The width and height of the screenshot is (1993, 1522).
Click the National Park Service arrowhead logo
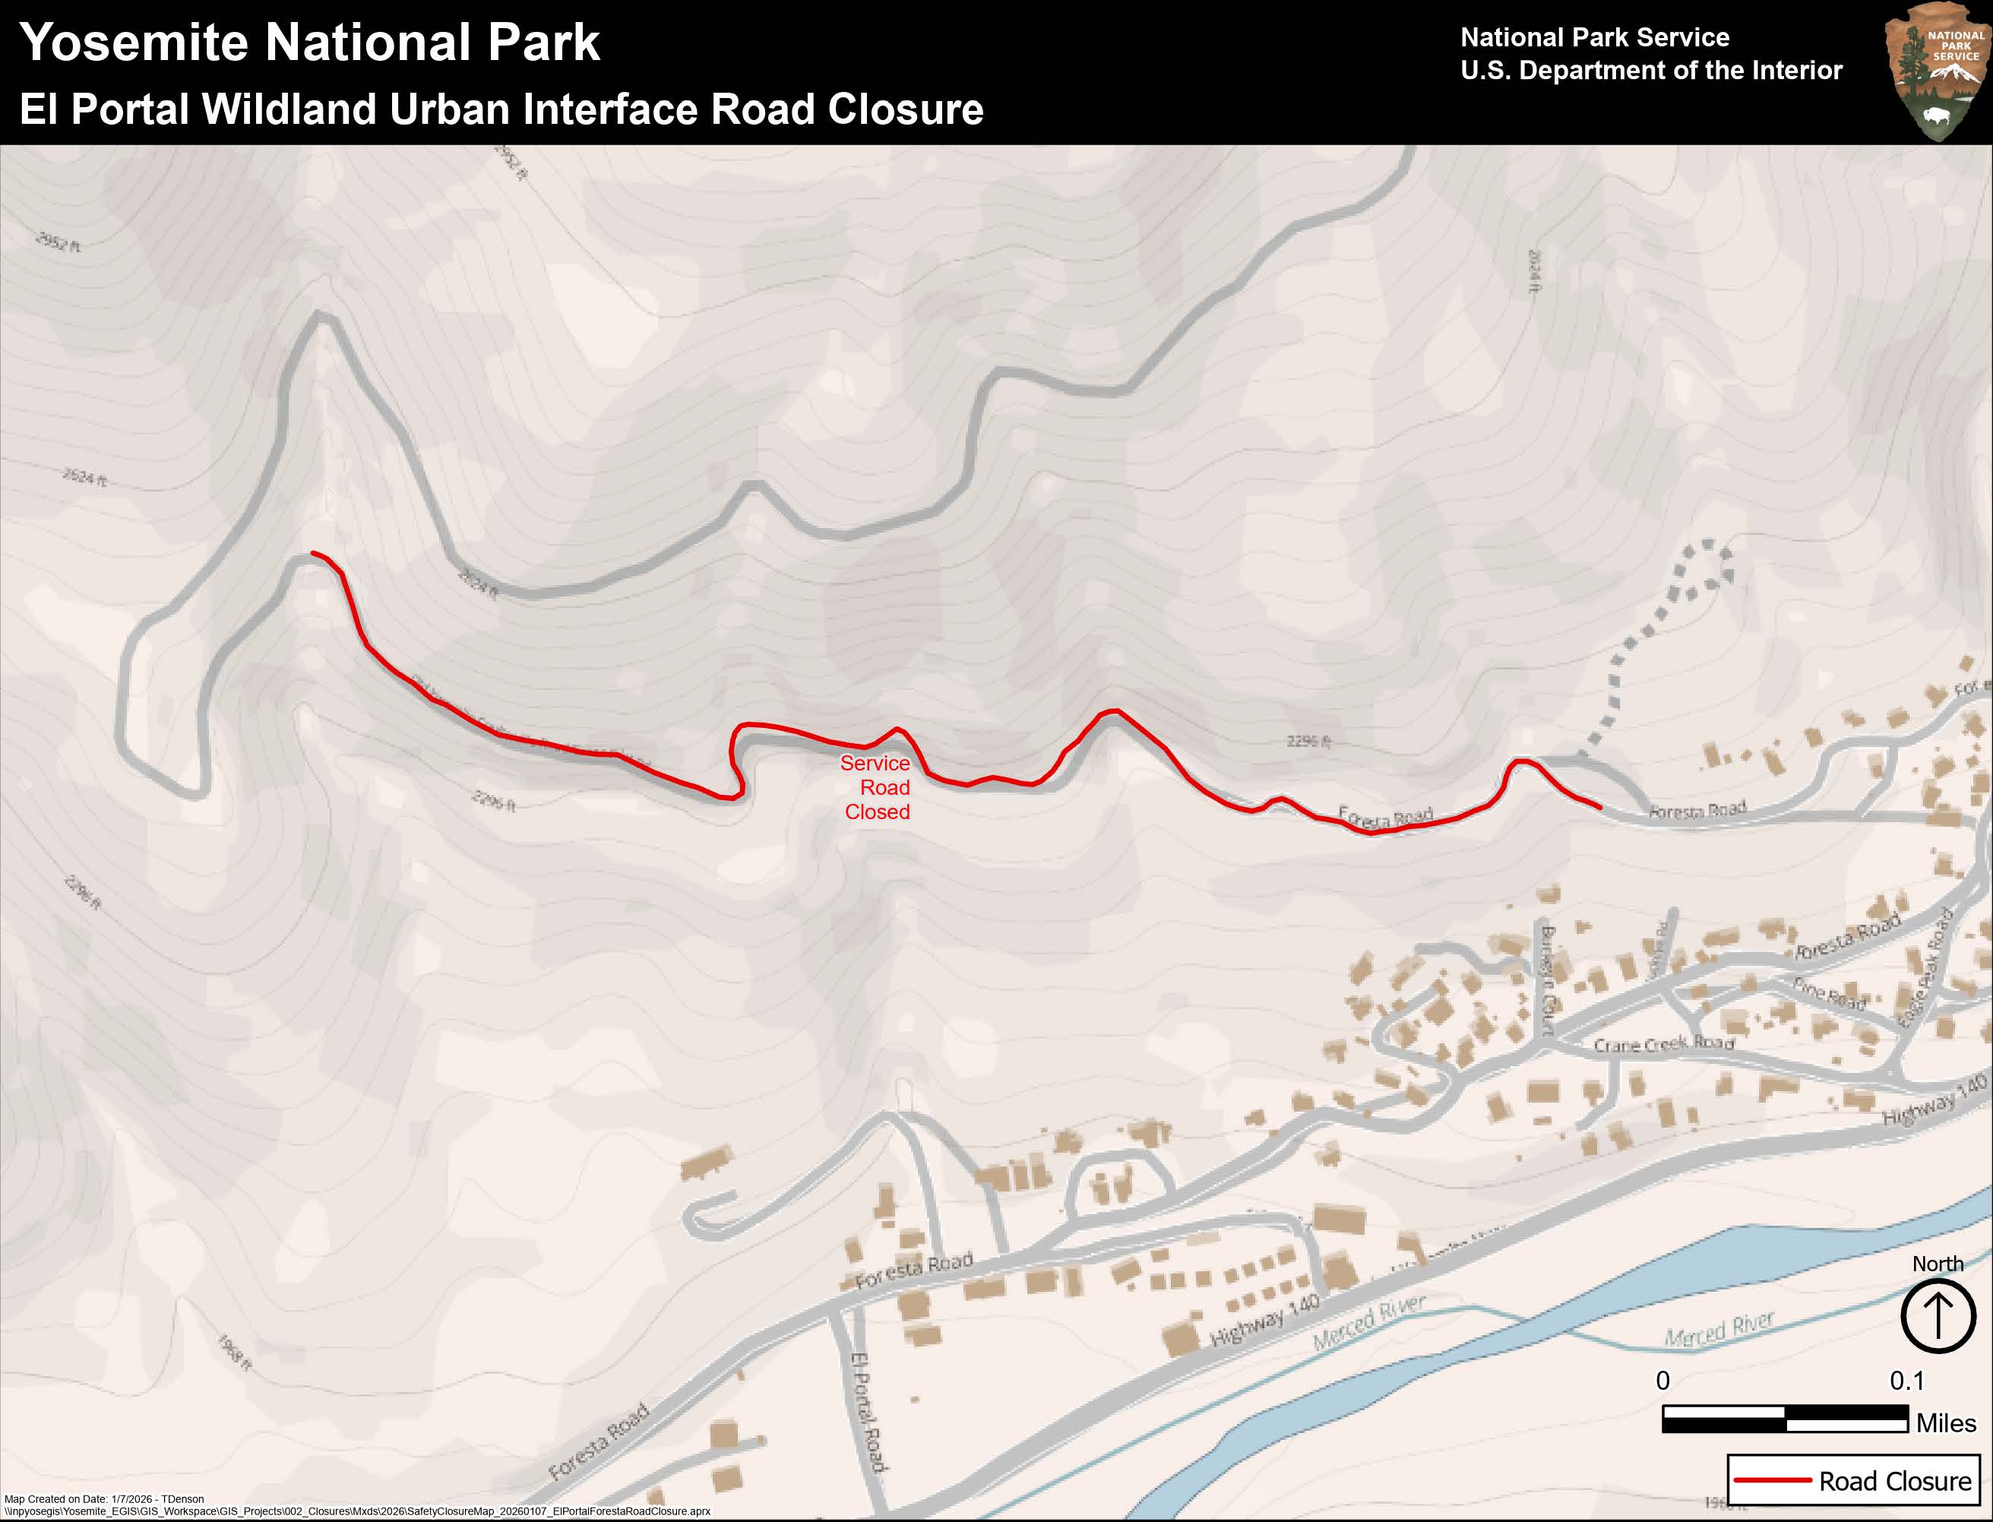(1935, 71)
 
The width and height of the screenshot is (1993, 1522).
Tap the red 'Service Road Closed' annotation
(876, 787)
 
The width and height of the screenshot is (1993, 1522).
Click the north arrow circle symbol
(1937, 1315)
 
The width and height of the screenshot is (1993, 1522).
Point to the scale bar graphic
(1785, 1419)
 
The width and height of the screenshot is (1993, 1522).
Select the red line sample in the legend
(1770, 1481)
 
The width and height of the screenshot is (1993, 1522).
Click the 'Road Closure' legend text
(1894, 1481)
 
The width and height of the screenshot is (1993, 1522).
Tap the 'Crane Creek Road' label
(1663, 1043)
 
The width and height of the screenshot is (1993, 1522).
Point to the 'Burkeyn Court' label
(1547, 979)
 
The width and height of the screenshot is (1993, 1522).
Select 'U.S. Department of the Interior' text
(1650, 71)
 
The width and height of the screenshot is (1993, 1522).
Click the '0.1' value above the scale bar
(1906, 1381)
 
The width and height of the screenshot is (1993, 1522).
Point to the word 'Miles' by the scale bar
(1945, 1422)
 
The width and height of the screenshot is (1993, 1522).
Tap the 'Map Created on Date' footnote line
(104, 1498)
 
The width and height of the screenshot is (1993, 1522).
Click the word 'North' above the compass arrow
(1937, 1264)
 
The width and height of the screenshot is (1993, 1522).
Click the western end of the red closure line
(314, 552)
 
